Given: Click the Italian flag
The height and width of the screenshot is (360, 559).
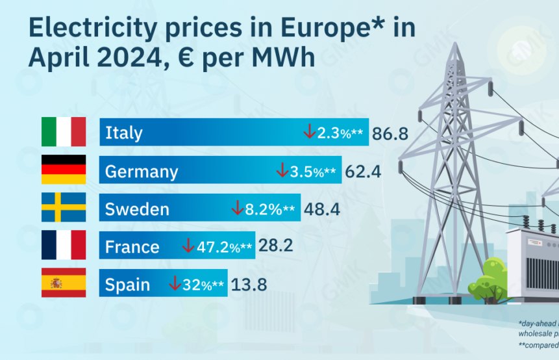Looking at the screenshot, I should (x=64, y=132).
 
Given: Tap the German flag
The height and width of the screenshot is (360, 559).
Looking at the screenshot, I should (x=64, y=170).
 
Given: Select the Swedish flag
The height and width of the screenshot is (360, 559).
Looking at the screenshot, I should (x=64, y=207).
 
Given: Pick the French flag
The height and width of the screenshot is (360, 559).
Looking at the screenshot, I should (x=64, y=245).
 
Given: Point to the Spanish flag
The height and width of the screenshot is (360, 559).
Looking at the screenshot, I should (x=64, y=283).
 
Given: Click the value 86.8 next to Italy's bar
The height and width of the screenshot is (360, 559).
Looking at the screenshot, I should (x=390, y=135).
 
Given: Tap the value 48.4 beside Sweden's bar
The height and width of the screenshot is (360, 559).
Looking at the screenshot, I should (x=321, y=210).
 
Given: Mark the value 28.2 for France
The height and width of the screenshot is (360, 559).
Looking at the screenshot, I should (x=276, y=247).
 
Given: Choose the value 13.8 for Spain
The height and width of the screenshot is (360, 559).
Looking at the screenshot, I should (x=249, y=285).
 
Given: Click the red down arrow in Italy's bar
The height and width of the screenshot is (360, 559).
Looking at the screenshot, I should (x=309, y=133).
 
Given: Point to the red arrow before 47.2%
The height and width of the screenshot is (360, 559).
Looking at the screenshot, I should (x=188, y=246).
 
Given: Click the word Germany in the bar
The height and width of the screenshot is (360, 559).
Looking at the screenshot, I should (x=141, y=172).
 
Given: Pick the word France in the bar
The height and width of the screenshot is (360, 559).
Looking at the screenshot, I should (x=132, y=247).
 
